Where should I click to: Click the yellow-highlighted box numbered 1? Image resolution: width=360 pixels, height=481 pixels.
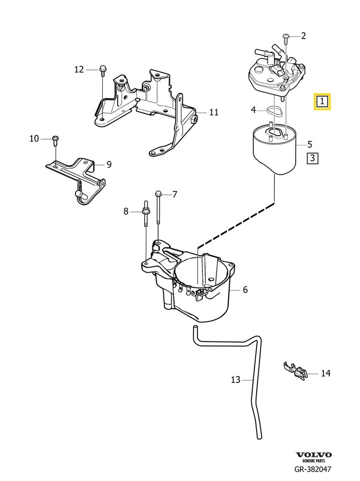[x=321, y=101]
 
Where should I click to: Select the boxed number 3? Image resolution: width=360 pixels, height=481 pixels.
[x=312, y=158]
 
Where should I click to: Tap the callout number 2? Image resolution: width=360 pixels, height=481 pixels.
[x=303, y=35]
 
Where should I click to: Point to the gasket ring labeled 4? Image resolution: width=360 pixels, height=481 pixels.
[x=274, y=111]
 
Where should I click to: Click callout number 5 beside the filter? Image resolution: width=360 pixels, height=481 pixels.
[x=310, y=144]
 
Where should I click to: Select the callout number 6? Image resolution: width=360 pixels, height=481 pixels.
[x=245, y=290]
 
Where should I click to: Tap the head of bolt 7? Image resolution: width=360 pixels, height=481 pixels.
[x=158, y=193]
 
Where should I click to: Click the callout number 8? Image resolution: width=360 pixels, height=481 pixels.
[x=126, y=211]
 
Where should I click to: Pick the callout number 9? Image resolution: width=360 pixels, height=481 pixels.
[x=109, y=165]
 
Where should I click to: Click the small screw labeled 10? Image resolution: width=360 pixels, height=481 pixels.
[x=55, y=139]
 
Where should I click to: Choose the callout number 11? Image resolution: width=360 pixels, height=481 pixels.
[x=214, y=113]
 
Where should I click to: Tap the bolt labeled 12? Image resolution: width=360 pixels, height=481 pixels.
[x=103, y=70]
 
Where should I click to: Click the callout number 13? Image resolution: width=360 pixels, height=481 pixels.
[x=235, y=380]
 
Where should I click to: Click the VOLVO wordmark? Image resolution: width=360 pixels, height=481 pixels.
[x=313, y=455]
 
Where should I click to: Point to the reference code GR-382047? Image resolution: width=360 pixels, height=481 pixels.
[x=313, y=470]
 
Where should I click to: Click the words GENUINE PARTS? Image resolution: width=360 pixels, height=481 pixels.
[x=313, y=461]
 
